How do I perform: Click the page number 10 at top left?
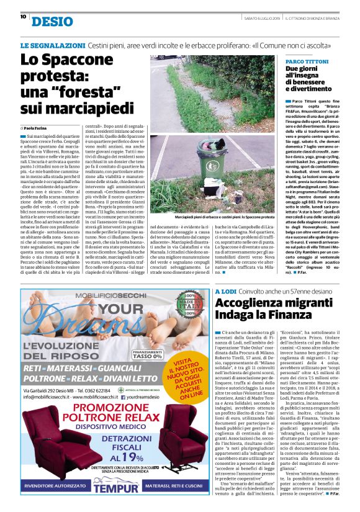pos(23,17)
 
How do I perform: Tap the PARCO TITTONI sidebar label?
pos(307,62)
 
